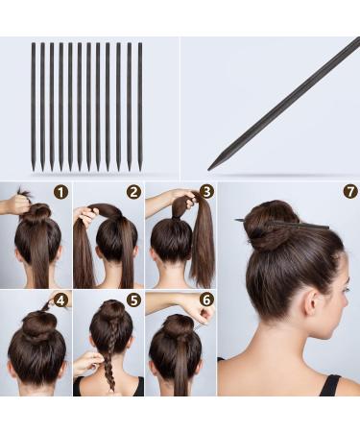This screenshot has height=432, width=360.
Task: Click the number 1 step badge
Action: pos(61,192)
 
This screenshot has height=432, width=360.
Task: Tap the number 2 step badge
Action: pos(133,192)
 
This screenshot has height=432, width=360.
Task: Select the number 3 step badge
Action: pos(206,192)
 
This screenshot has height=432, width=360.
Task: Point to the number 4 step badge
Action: pos(61,300)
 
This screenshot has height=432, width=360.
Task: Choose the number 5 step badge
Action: pos(133,300)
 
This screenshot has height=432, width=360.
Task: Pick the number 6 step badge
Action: pos(206,300)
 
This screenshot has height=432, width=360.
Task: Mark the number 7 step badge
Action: pos(349,192)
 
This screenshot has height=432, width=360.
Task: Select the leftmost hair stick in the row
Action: pos(33,106)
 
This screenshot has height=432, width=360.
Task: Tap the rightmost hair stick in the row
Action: pos(139,106)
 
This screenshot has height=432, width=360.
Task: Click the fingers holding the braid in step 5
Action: pos(88,361)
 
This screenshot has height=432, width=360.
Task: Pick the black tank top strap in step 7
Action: pos(328,384)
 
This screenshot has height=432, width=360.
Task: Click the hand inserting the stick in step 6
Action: pos(197,312)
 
